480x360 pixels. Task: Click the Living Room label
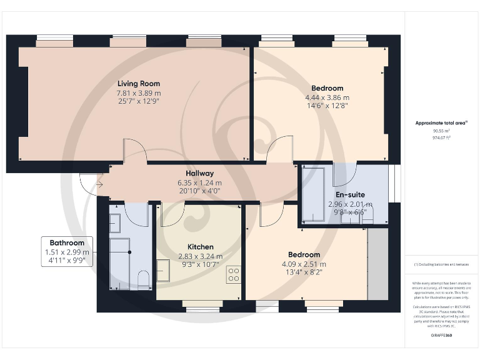pyautogui.click(x=139, y=83)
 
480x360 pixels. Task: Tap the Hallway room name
pyautogui.click(x=199, y=173)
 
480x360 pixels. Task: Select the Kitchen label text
pyautogui.click(x=200, y=247)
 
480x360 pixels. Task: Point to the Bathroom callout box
pyautogui.click(x=67, y=252)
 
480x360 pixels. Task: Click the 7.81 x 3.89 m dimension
pyautogui.click(x=139, y=92)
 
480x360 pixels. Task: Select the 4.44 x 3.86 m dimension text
pyautogui.click(x=327, y=97)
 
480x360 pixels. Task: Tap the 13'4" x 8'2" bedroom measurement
pyautogui.click(x=304, y=272)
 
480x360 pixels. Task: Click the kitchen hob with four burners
pyautogui.click(x=234, y=274)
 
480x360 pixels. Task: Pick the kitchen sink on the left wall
pyautogui.click(x=162, y=271)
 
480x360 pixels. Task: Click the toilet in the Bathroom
pyautogui.click(x=143, y=279)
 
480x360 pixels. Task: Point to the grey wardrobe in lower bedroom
pyautogui.click(x=377, y=264)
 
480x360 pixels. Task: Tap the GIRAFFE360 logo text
pyautogui.click(x=441, y=336)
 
